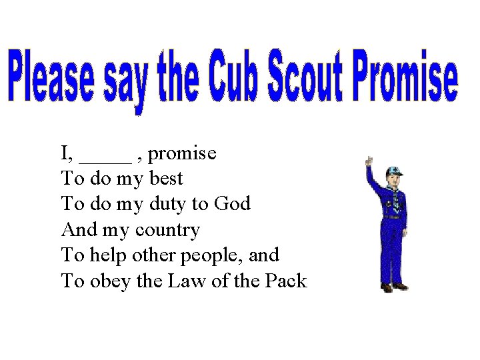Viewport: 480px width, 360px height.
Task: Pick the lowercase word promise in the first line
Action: [182, 154]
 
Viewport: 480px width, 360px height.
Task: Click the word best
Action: [164, 179]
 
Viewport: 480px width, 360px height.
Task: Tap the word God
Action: [232, 204]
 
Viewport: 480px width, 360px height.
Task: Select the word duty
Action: [165, 205]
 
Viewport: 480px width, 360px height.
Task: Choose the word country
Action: [167, 231]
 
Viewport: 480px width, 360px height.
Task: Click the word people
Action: [217, 256]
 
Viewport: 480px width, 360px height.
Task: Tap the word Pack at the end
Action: [285, 281]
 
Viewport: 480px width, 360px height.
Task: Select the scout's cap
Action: [394, 171]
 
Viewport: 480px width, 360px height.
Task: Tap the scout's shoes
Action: [393, 287]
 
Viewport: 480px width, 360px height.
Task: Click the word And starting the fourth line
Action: [77, 230]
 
